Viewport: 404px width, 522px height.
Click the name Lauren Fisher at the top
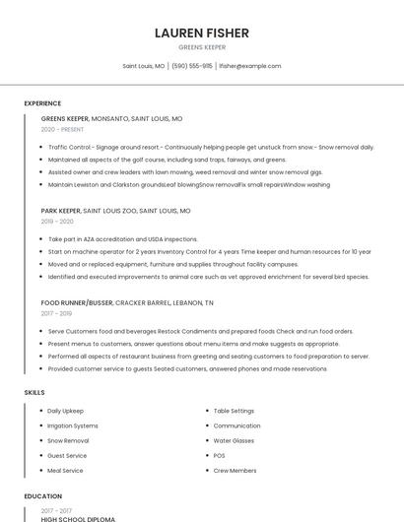[x=202, y=33]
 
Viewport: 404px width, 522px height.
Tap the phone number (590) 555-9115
[x=192, y=66]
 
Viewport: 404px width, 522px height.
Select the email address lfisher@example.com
[x=250, y=66]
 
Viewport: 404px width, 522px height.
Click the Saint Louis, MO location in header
[x=144, y=66]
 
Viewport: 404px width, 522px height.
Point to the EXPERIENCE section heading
[x=42, y=103]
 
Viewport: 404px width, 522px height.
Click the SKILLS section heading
[x=34, y=393]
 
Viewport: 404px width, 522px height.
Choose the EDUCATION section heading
[x=42, y=496]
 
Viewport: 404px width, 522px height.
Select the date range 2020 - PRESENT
[x=62, y=129]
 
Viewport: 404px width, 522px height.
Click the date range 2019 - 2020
[x=57, y=222]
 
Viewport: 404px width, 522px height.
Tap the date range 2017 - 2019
[x=57, y=313]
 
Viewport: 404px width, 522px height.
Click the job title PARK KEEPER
[x=61, y=211]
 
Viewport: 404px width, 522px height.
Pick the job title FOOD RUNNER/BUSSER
[x=77, y=302]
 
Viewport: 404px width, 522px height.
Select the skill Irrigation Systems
[x=73, y=425]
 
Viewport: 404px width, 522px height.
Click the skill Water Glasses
[x=234, y=440]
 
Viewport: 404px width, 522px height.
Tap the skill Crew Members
[x=235, y=471]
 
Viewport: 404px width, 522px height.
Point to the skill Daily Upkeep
[x=66, y=410]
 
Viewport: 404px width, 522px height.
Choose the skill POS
[x=220, y=456]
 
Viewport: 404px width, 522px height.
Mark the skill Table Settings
[x=234, y=410]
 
